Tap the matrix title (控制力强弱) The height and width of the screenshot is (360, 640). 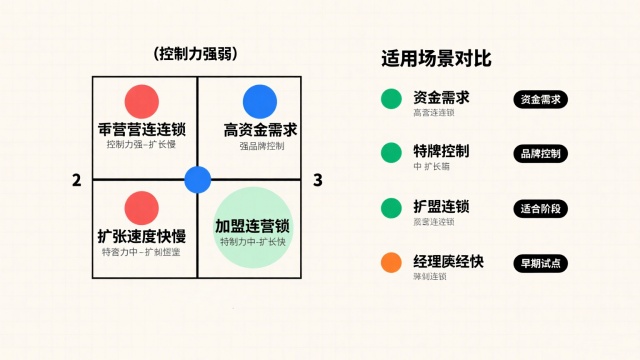(196, 53)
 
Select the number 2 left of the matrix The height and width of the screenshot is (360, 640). (76, 180)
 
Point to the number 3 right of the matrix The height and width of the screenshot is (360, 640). (317, 180)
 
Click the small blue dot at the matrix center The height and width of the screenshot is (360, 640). (198, 180)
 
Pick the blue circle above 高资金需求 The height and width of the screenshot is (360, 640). (259, 101)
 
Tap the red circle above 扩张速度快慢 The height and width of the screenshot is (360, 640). (142, 207)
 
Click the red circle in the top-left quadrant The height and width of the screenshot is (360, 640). (142, 101)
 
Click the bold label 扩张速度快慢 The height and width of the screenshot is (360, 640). (142, 236)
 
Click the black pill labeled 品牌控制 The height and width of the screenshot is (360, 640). (540, 154)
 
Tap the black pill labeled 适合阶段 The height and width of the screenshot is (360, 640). (540, 209)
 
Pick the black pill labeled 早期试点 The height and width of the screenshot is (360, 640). (540, 264)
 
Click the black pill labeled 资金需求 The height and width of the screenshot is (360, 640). (540, 99)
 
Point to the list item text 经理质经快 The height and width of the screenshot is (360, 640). (448, 262)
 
